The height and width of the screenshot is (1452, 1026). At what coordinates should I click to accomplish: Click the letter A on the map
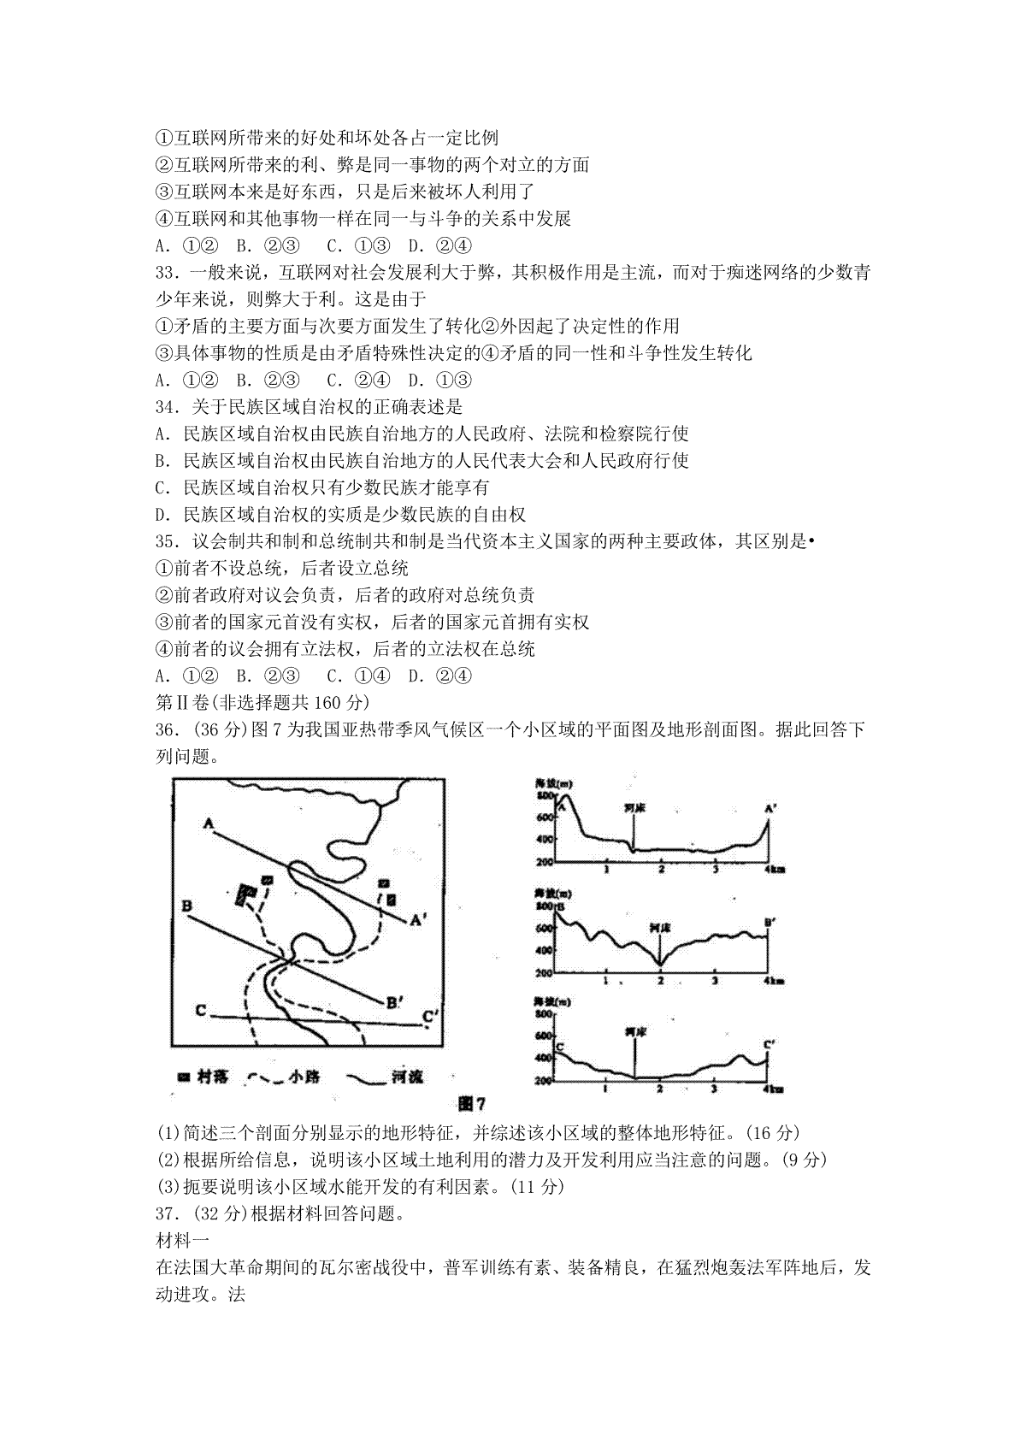pos(208,823)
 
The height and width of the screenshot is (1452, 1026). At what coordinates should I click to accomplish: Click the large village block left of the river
pos(246,895)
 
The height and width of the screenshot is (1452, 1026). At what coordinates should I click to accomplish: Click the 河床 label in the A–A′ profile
pos(634,806)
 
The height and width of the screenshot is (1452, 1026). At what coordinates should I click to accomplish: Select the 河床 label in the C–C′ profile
pos(634,1033)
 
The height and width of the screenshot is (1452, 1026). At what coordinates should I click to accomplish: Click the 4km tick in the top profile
pos(774,870)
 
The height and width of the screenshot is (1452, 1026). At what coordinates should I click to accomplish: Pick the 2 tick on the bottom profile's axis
pos(659,1089)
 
